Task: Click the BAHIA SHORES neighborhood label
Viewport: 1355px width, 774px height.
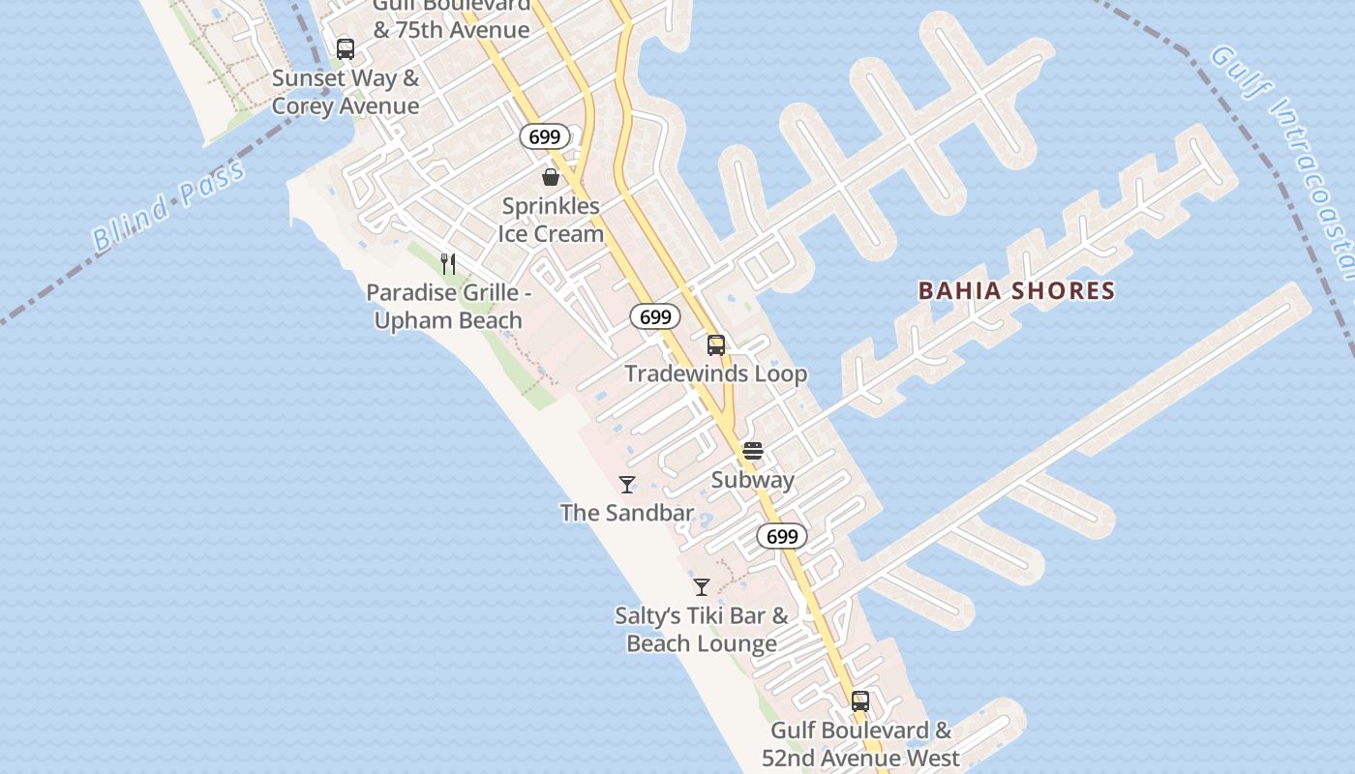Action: point(1016,290)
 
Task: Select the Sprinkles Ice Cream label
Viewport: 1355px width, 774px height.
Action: point(551,220)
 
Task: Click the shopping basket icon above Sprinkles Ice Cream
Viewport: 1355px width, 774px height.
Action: point(551,177)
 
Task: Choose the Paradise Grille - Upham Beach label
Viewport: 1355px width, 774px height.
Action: point(448,306)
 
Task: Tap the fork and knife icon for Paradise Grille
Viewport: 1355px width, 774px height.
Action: point(448,263)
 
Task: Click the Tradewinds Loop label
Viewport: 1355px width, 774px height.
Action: point(715,373)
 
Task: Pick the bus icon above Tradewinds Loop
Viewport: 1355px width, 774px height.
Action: point(716,345)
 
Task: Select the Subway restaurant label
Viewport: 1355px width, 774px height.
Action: point(753,480)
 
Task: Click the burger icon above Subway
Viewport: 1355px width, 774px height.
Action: point(753,451)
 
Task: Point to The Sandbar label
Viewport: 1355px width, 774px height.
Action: point(627,513)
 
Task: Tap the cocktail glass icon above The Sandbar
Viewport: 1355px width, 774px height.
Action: point(627,485)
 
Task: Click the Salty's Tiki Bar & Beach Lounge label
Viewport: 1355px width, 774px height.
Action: point(702,629)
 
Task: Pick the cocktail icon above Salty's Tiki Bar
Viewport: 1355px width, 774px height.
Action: point(702,587)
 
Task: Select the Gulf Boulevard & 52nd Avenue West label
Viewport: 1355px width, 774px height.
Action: point(860,744)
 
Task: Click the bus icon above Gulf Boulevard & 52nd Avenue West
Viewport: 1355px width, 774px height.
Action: point(860,701)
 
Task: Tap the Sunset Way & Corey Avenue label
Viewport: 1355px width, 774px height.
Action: point(346,92)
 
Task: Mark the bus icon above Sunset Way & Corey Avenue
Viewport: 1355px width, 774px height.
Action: point(346,49)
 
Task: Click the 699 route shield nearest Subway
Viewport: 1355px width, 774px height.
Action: point(782,537)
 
